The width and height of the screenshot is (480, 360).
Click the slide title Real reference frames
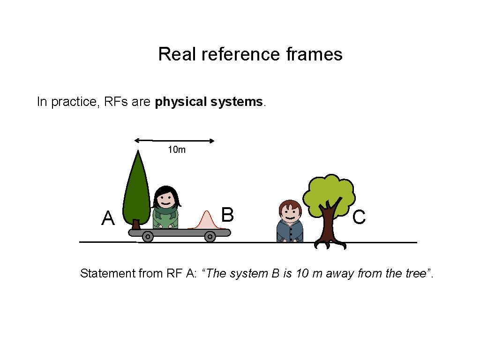click(250, 54)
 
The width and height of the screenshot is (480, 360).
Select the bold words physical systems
click(210, 102)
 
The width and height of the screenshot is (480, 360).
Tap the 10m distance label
click(177, 150)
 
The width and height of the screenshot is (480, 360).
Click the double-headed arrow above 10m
click(174, 140)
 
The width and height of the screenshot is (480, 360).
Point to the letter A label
click(108, 218)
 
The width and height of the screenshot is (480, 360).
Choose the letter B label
click(227, 215)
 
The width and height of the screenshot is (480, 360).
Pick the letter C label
click(359, 217)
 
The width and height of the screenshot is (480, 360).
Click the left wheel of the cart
click(148, 237)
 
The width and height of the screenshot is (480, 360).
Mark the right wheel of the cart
click(210, 237)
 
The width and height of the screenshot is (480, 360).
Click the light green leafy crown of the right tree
click(329, 192)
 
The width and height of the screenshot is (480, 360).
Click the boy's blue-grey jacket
click(290, 232)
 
